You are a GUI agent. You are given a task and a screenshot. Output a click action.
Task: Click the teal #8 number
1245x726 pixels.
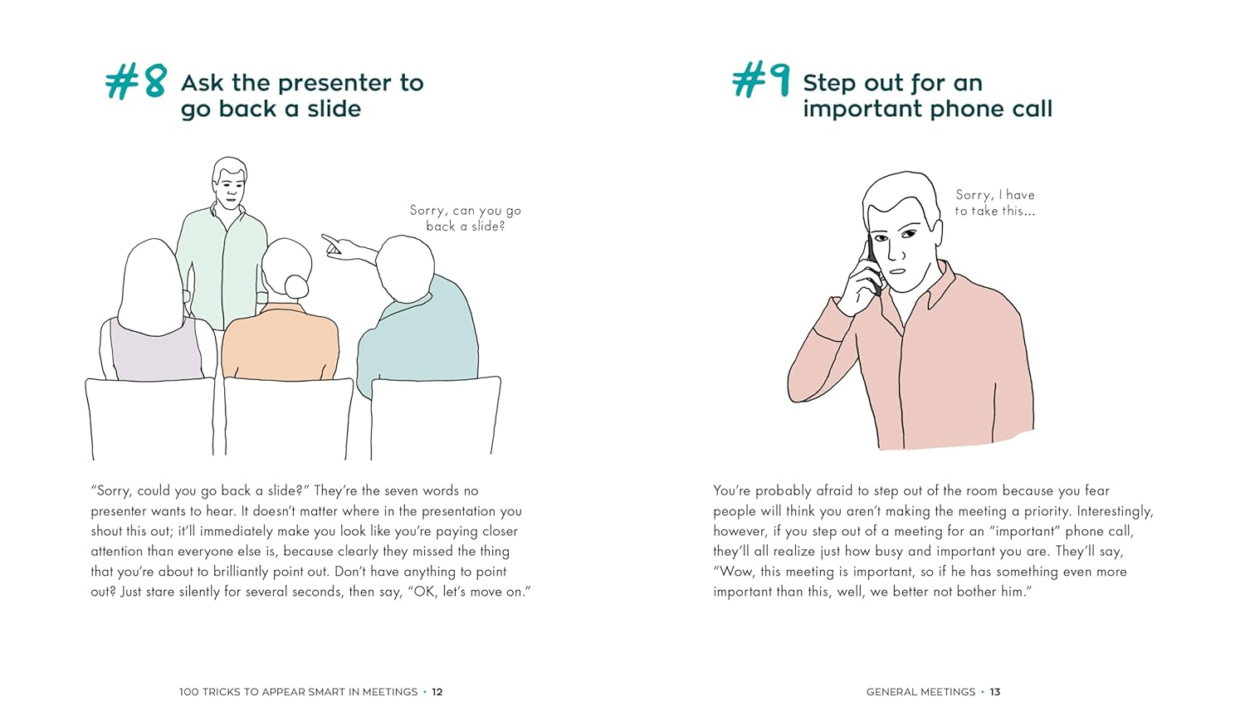[x=136, y=83]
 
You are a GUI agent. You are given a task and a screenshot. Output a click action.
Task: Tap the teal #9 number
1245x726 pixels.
[x=760, y=82]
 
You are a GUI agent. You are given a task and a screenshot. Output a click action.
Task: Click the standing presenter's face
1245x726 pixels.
[x=230, y=187]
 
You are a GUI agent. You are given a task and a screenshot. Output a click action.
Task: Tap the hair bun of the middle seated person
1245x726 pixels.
[x=296, y=286]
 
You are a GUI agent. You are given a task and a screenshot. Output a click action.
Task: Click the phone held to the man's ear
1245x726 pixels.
[x=872, y=264]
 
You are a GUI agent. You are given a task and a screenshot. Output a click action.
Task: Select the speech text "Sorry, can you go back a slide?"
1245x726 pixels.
[x=465, y=218]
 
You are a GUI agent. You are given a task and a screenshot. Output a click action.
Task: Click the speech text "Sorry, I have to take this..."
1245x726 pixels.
[x=994, y=202]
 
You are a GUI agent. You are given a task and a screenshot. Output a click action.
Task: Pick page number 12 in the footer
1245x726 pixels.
[x=437, y=692]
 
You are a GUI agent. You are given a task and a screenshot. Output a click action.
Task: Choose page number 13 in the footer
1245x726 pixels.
[x=995, y=692]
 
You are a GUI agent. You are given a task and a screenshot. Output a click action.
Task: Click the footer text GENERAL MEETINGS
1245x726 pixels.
[x=920, y=692]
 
